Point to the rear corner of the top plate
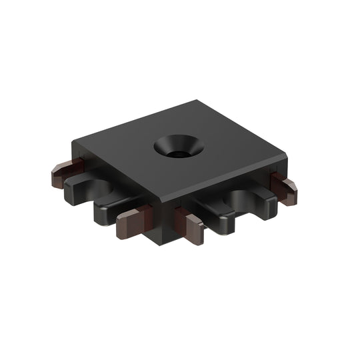[x=198, y=101]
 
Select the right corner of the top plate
[x=287, y=157]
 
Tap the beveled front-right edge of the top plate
[x=227, y=181]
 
